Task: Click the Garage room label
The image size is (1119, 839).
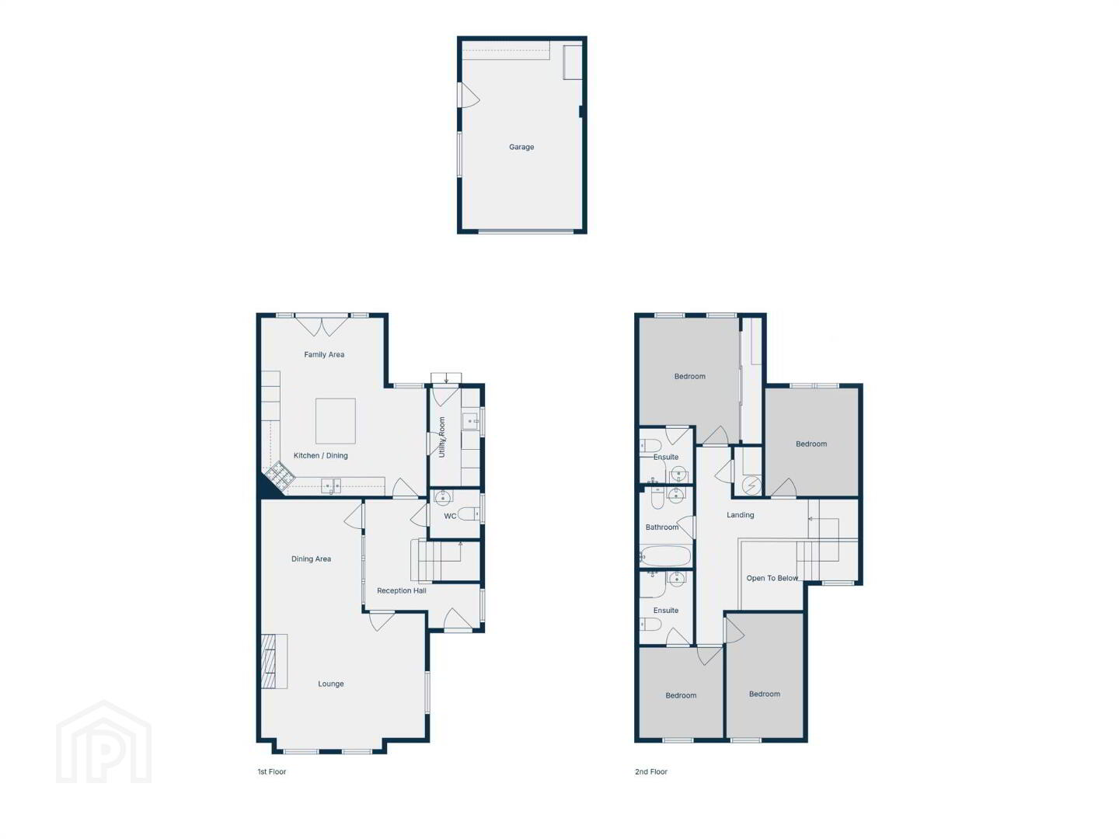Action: coord(521,148)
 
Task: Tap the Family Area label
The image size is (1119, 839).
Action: coord(324,354)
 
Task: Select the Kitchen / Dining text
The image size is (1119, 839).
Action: coord(320,455)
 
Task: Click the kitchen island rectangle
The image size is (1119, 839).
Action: coord(335,421)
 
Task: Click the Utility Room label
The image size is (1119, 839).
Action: coord(441,437)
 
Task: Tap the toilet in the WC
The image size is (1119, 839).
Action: coord(469,514)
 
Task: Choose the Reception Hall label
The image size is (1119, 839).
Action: coord(401,591)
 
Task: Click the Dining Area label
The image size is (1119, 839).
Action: coord(311,559)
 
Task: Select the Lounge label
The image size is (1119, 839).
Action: coord(331,684)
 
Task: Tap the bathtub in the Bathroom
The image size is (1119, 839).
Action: coord(665,556)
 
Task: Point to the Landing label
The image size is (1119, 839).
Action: coord(740,515)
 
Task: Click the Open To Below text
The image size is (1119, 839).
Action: coord(772,578)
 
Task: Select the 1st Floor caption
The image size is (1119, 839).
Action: coord(272,771)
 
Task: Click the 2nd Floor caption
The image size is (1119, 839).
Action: coord(651,771)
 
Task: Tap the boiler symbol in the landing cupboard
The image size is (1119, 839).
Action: coord(751,486)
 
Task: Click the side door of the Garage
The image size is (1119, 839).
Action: coord(468,95)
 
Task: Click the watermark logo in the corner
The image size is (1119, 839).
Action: coord(104,742)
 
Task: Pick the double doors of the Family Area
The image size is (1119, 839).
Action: coord(322,326)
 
